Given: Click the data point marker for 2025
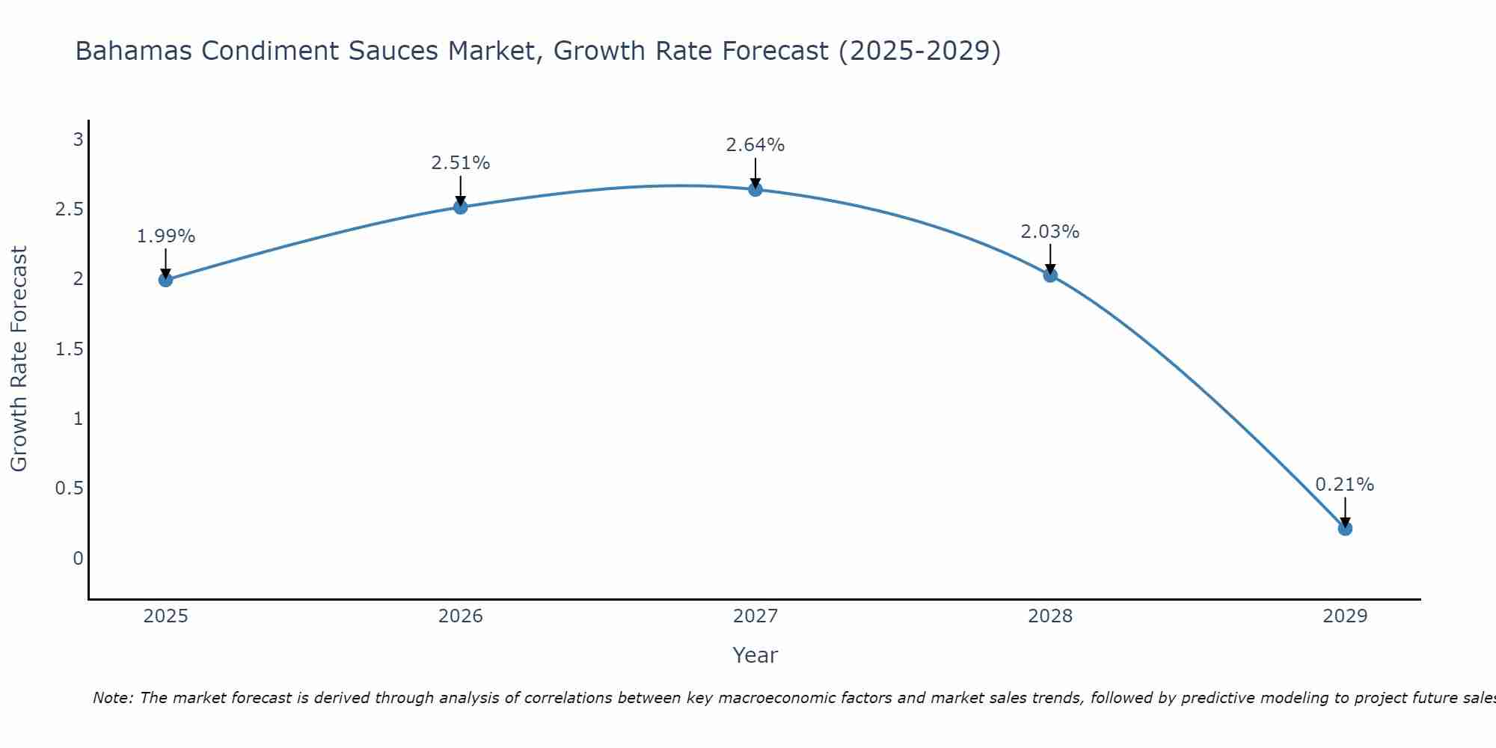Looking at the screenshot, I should coord(166,280).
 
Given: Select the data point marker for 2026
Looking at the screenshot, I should coord(461,207).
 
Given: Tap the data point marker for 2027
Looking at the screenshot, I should coord(755,189).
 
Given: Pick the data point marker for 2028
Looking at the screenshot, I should coord(1050,275).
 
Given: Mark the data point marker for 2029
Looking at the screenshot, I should coord(1345,529).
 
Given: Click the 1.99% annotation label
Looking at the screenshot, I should coord(166,236).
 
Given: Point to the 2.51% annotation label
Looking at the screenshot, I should coord(461,163).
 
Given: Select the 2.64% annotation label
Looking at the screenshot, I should coord(755,145).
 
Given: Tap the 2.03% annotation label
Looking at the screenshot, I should coord(1050,232).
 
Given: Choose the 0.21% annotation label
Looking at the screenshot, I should coord(1345,485).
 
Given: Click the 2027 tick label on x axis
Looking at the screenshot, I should coord(755,616).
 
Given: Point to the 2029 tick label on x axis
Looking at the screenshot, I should coord(1345,616).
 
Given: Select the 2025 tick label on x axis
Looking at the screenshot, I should coord(166,616).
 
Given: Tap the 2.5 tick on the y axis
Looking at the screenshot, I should coord(70,209).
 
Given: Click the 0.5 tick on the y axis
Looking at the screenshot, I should coord(70,488).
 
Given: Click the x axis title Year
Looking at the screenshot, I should coord(755,655).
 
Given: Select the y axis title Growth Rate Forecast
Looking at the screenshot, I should coord(19,359).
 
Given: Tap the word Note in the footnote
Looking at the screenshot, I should coord(111,698).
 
